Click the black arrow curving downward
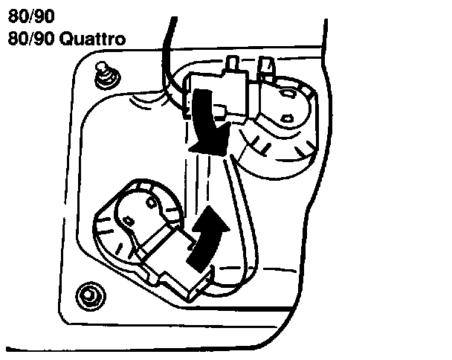(206, 119)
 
